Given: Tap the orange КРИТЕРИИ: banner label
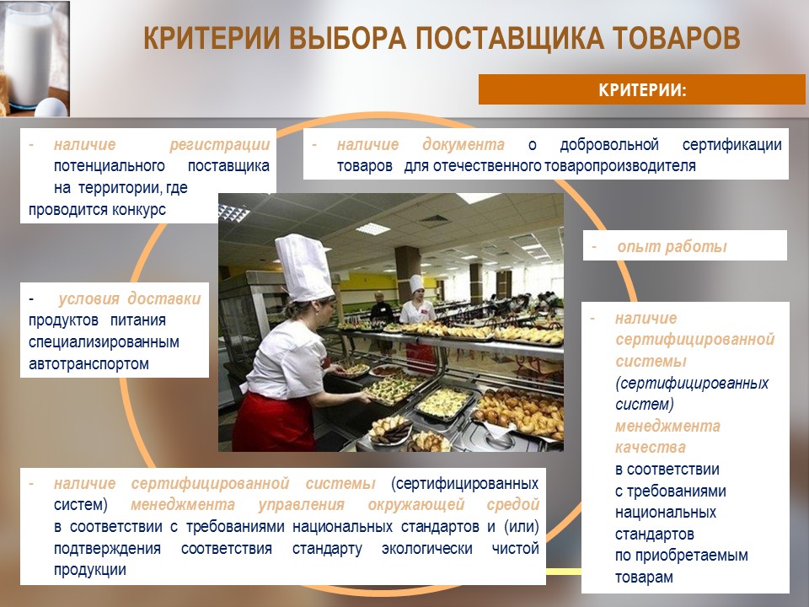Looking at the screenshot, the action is tap(642, 90).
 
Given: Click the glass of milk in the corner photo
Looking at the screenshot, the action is tap(29, 54).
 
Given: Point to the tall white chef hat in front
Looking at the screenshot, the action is tap(304, 267).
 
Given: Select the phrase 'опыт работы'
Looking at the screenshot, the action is tap(672, 247).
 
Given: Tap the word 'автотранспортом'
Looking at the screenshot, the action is tap(88, 364).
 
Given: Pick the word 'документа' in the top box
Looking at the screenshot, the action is tap(463, 145).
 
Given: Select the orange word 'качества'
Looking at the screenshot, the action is tap(650, 448).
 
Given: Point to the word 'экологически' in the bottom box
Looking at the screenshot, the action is tap(426, 549).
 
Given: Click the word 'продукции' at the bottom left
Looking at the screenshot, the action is tap(90, 570).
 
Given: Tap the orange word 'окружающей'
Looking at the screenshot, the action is tap(416, 504).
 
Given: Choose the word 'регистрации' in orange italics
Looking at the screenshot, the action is tap(220, 145).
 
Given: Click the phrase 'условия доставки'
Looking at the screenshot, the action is tap(130, 298).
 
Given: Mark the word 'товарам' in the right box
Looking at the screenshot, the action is tap(644, 577).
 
